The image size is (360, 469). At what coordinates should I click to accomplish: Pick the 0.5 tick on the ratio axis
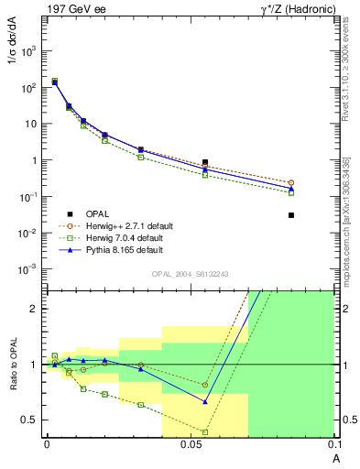coord(29,420)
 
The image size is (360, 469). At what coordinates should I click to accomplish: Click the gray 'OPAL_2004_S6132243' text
coord(189,275)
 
